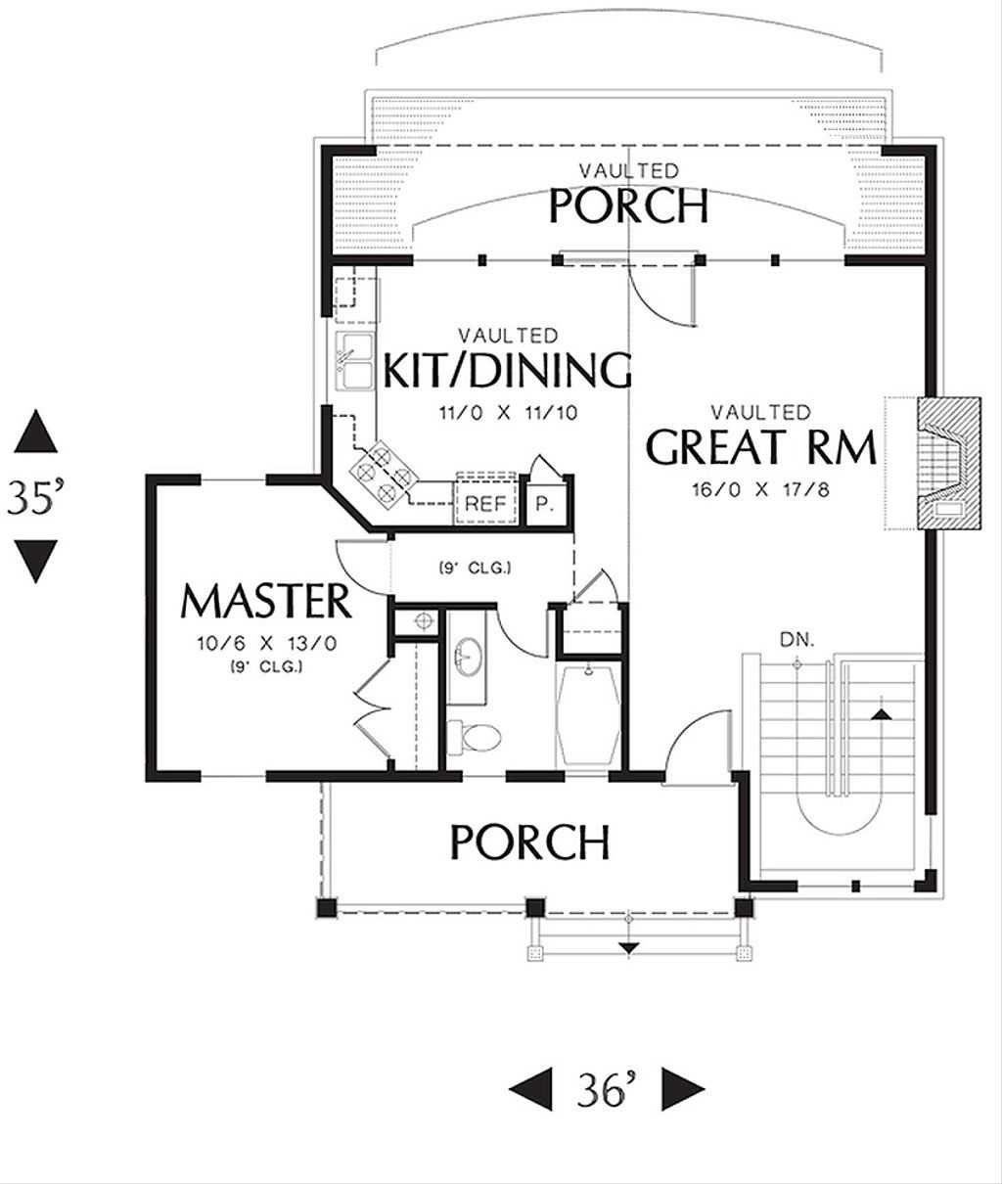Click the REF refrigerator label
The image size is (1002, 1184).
point(485,504)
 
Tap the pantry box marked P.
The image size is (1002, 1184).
point(545,504)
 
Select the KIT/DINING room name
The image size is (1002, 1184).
point(507,370)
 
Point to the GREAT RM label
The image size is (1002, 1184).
point(761,447)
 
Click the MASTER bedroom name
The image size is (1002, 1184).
point(266,601)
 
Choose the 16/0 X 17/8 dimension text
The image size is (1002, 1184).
point(761,490)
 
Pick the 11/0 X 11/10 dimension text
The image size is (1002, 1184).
point(508,412)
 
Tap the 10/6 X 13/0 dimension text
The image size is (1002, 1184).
point(267,643)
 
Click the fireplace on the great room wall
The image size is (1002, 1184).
point(949,463)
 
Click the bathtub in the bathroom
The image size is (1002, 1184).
point(588,715)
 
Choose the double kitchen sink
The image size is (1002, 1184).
point(354,361)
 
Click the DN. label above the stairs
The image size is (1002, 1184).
point(797,640)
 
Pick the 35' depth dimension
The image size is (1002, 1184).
point(34,497)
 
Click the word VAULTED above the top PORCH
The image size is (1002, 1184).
point(628,170)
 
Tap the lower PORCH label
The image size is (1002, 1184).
point(530,842)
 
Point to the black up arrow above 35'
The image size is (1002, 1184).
point(35,432)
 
